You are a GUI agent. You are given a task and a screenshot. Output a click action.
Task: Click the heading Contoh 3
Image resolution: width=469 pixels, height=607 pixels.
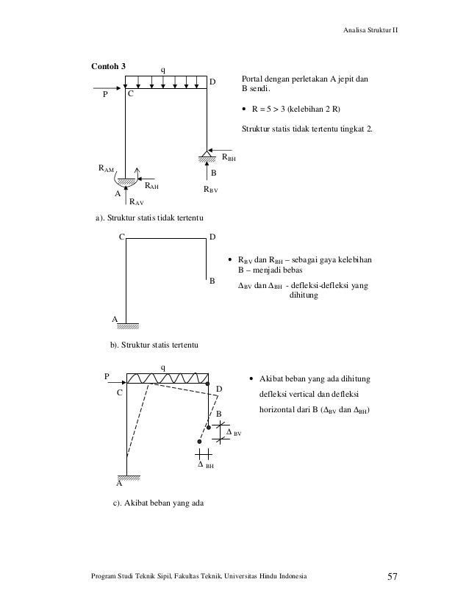(x=107, y=66)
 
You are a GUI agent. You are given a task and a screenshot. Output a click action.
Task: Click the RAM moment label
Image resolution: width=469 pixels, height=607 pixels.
(x=107, y=169)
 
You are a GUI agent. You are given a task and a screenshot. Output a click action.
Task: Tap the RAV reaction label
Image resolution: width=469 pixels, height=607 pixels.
(x=136, y=200)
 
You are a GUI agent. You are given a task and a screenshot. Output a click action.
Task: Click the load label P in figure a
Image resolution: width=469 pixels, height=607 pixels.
(x=104, y=94)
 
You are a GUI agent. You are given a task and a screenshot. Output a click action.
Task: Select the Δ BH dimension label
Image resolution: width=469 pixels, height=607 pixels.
(x=205, y=465)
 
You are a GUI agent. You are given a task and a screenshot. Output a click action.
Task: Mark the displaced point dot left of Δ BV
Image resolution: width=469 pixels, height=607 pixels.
(x=199, y=442)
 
